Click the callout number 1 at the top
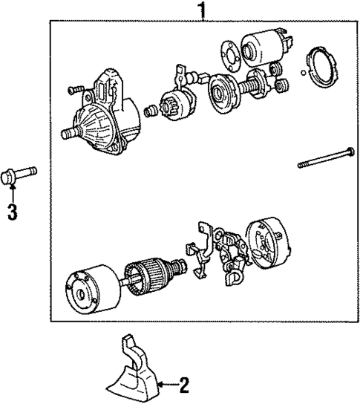pyautogui.click(x=199, y=10)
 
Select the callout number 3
pyautogui.click(x=11, y=212)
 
